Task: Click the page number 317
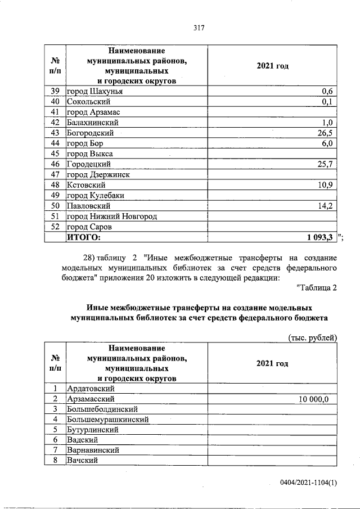tap(197, 28)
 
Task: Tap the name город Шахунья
tap(94, 92)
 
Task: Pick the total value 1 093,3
tap(320, 237)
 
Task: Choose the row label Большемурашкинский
tap(107, 420)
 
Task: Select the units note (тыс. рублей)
tap(312, 337)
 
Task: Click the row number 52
tap(55, 227)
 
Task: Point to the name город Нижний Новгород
tap(111, 217)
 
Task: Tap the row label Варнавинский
tap(93, 451)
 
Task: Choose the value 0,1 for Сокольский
tap(328, 102)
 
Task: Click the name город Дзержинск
tap(98, 175)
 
